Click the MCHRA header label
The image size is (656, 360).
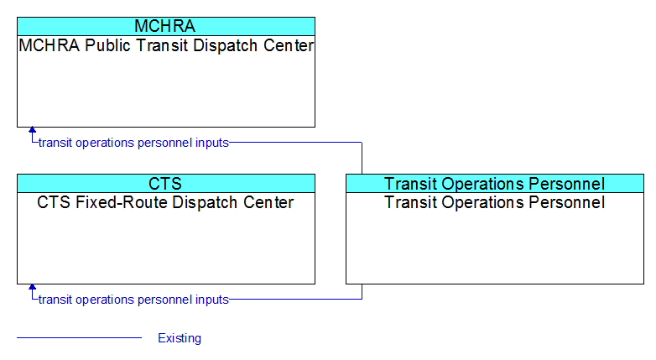(x=164, y=26)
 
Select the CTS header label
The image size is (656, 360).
(x=164, y=184)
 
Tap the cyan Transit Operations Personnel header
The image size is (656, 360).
(x=494, y=184)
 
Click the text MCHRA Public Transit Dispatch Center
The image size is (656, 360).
(x=166, y=45)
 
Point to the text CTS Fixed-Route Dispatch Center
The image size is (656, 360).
(x=165, y=202)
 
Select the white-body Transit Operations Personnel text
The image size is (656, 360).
(x=494, y=202)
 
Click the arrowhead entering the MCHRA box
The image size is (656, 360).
(x=32, y=130)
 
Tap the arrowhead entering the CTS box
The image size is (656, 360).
(x=32, y=287)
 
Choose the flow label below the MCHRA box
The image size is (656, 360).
(x=133, y=143)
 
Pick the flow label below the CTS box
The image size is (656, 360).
(x=133, y=300)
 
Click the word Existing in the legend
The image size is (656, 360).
(x=180, y=338)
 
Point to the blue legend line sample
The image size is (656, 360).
(x=79, y=337)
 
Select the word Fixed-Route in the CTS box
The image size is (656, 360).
(x=136, y=202)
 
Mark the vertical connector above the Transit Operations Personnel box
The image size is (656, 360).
(x=362, y=159)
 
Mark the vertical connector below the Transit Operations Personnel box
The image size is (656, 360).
(x=362, y=292)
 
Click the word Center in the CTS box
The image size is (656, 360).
(x=268, y=202)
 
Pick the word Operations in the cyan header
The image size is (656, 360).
(x=483, y=184)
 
